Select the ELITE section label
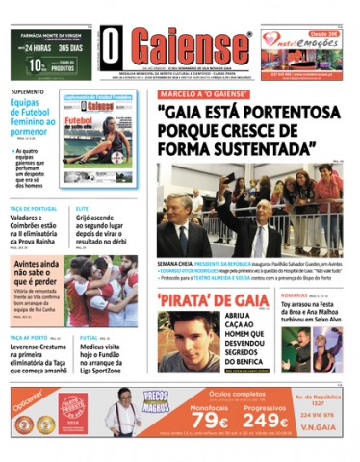82,209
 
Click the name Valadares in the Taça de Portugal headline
31,218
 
